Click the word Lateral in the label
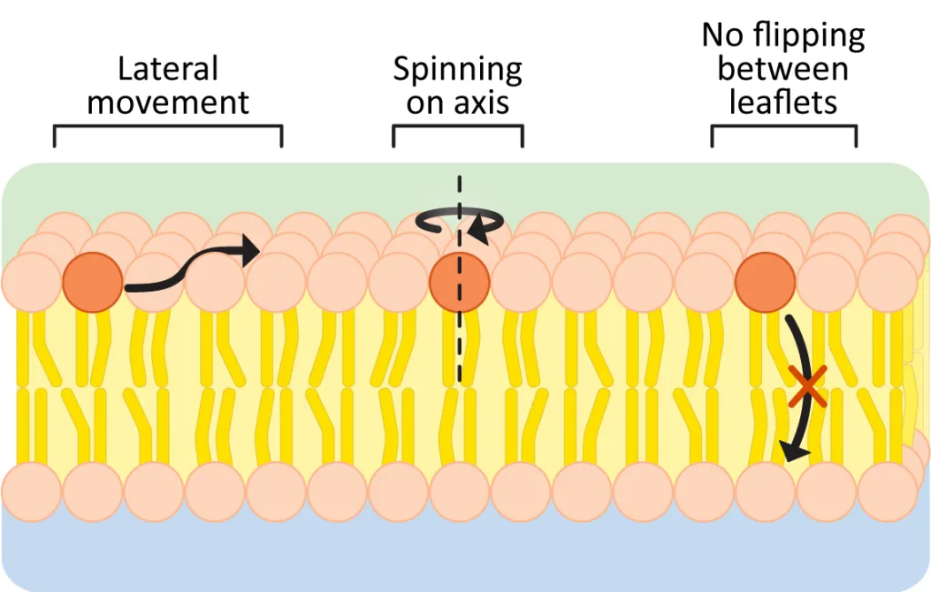click(168, 69)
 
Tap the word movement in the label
click(168, 102)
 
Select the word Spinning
click(457, 69)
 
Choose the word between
click(783, 69)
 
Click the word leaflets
click(783, 102)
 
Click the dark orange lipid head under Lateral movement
click(92, 283)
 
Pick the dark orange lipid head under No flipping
click(765, 283)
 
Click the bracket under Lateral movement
click(168, 128)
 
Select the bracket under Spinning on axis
click(457, 128)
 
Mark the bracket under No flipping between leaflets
click(783, 128)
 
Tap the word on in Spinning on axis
click(425, 102)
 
